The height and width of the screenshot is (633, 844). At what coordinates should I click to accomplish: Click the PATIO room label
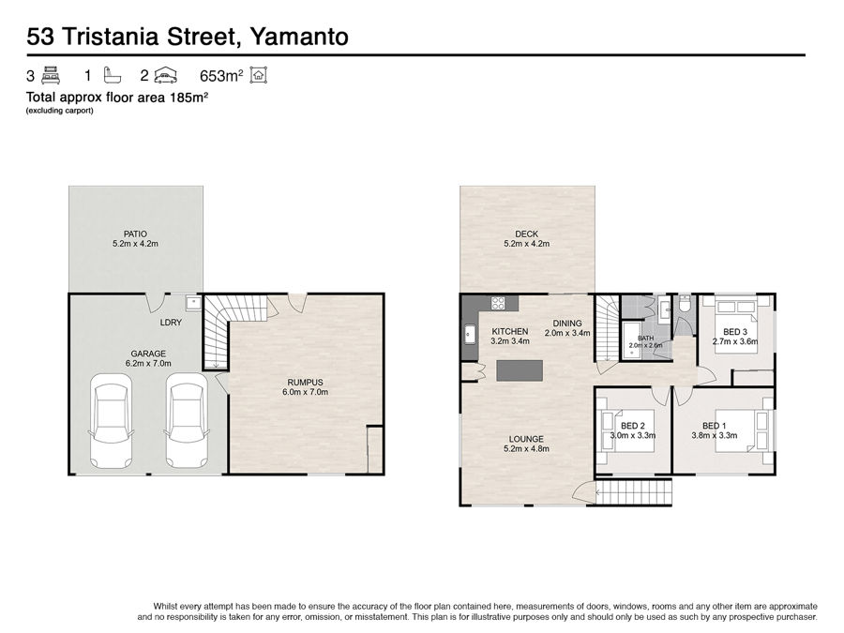click(x=135, y=234)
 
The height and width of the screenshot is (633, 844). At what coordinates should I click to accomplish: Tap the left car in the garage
click(x=111, y=420)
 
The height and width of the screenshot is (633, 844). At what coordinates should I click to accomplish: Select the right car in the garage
click(x=187, y=420)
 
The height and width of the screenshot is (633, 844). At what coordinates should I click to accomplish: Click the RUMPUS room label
click(x=305, y=383)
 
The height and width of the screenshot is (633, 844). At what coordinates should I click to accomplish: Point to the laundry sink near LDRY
click(x=192, y=303)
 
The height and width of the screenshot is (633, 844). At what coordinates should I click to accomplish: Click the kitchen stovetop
click(x=498, y=303)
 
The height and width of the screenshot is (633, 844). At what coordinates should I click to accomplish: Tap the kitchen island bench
click(x=520, y=370)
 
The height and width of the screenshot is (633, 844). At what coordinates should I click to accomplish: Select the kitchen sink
click(x=470, y=334)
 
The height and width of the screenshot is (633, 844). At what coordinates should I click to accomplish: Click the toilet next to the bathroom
click(x=685, y=304)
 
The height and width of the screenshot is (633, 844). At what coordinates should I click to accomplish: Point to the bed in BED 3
click(x=736, y=326)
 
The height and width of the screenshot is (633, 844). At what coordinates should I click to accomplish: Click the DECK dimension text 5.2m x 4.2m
click(x=526, y=243)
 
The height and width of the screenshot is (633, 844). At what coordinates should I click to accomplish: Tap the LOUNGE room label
click(x=526, y=439)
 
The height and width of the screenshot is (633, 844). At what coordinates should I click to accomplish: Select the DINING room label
click(x=567, y=324)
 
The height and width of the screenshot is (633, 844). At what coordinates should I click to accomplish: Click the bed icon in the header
click(x=51, y=75)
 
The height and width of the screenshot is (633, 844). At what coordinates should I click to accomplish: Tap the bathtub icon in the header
click(x=113, y=75)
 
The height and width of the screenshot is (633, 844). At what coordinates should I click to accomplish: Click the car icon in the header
click(x=166, y=77)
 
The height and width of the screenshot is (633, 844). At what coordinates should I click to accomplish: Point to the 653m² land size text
click(x=221, y=76)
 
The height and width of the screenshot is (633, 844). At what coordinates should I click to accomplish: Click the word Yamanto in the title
click(x=300, y=37)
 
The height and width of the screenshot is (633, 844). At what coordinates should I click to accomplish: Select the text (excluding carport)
click(x=60, y=111)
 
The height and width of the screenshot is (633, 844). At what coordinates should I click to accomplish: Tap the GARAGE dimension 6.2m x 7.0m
click(x=148, y=363)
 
